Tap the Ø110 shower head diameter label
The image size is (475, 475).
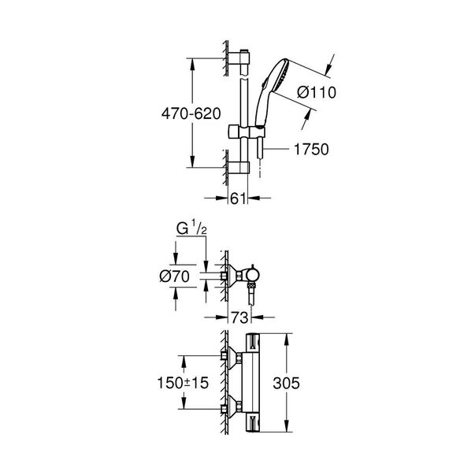315,93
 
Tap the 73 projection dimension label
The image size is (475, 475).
240,317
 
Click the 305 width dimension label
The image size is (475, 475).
308,384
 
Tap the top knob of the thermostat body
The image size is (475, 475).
254,343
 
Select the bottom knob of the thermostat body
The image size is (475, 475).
254,423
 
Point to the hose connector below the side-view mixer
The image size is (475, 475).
251,297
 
